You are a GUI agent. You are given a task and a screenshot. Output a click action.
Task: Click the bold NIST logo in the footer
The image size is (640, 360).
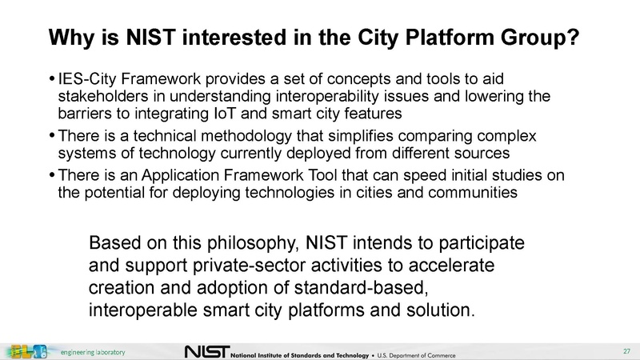(x=206, y=351)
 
